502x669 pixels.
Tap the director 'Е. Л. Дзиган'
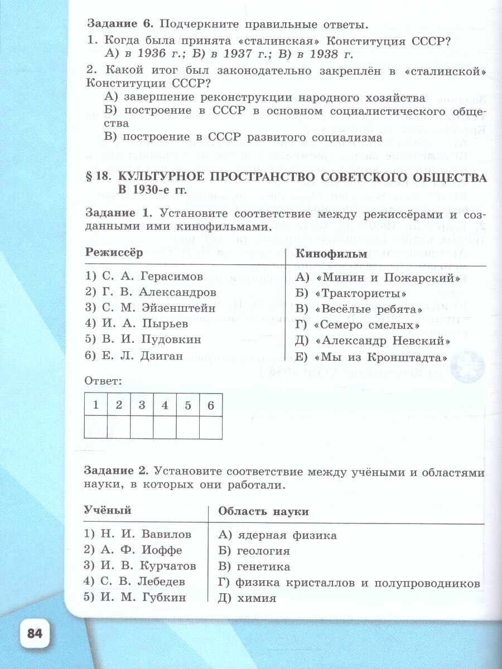pyautogui.click(x=142, y=356)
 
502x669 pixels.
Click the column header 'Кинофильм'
pyautogui.click(x=331, y=254)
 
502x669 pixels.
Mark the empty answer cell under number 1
pyautogui.click(x=95, y=428)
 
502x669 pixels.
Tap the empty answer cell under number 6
pyautogui.click(x=210, y=428)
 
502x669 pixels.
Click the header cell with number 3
pyautogui.click(x=142, y=405)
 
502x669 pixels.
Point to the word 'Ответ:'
pyautogui.click(x=103, y=382)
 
